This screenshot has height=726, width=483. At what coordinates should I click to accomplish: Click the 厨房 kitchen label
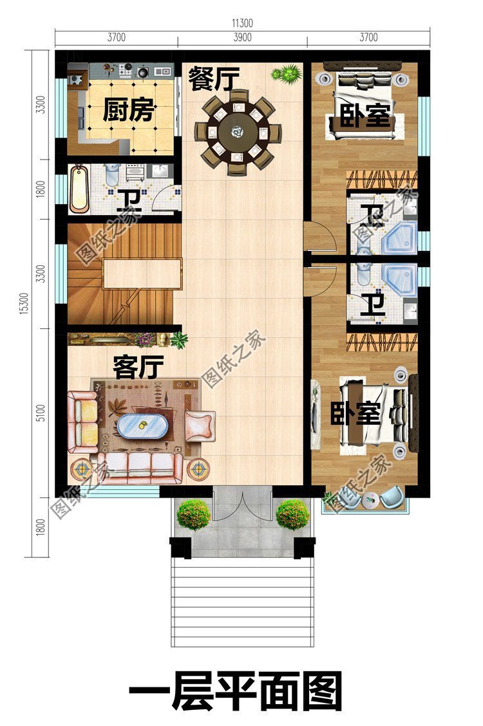(x=128, y=111)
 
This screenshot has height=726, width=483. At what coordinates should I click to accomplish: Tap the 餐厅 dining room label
(x=214, y=80)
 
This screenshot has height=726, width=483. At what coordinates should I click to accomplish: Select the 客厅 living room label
(x=138, y=368)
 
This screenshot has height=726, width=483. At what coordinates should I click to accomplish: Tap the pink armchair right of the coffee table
(x=200, y=425)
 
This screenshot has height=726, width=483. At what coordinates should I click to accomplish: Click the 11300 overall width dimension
(x=242, y=23)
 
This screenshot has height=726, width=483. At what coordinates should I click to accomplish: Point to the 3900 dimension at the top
(x=242, y=38)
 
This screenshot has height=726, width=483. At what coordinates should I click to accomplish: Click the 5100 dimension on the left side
(x=40, y=413)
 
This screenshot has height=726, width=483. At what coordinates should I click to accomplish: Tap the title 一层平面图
(x=236, y=691)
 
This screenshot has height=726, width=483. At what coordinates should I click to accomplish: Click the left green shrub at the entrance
(x=193, y=514)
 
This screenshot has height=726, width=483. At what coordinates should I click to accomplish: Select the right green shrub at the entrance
(x=292, y=514)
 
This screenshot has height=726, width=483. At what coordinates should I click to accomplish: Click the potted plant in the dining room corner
(x=287, y=73)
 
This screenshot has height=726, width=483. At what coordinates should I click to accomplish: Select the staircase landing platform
(x=142, y=273)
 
